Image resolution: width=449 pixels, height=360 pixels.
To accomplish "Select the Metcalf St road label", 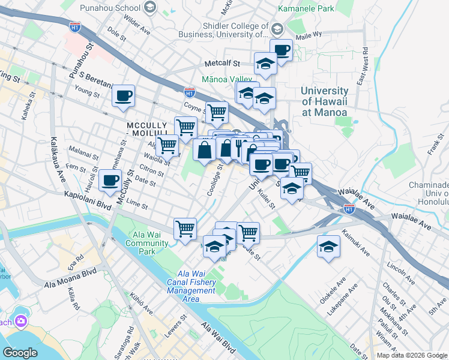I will coord(222,62).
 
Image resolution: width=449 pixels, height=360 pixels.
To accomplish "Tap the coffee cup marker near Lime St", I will coord(110,181).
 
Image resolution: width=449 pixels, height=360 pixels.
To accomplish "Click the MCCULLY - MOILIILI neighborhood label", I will coord(150,125).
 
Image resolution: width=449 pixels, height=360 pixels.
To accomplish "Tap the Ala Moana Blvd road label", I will coord(70,283).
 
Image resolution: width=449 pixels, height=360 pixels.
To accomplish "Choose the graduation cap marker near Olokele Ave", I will coord(328,247).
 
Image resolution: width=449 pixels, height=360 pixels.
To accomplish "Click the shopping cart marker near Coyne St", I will coord(217,112).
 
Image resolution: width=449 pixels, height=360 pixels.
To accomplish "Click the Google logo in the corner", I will coord(20,353).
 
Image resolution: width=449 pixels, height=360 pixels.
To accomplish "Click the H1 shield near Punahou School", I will coord(75,27).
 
